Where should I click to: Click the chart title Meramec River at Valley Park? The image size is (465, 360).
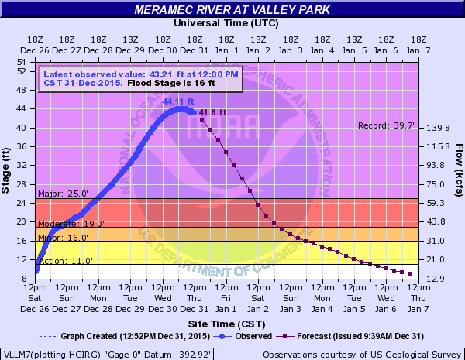pos(232,10)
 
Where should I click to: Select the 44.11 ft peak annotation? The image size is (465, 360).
pos(177,101)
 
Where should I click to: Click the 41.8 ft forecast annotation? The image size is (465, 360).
pos(212,112)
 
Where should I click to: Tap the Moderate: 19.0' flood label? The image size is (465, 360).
pos(66,224)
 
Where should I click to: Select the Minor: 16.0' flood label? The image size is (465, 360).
pos(59,238)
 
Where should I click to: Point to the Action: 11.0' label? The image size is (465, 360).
pos(60,261)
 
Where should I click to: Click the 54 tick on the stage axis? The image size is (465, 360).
pos(22,60)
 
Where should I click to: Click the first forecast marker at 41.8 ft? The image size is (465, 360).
pos(202,119)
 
